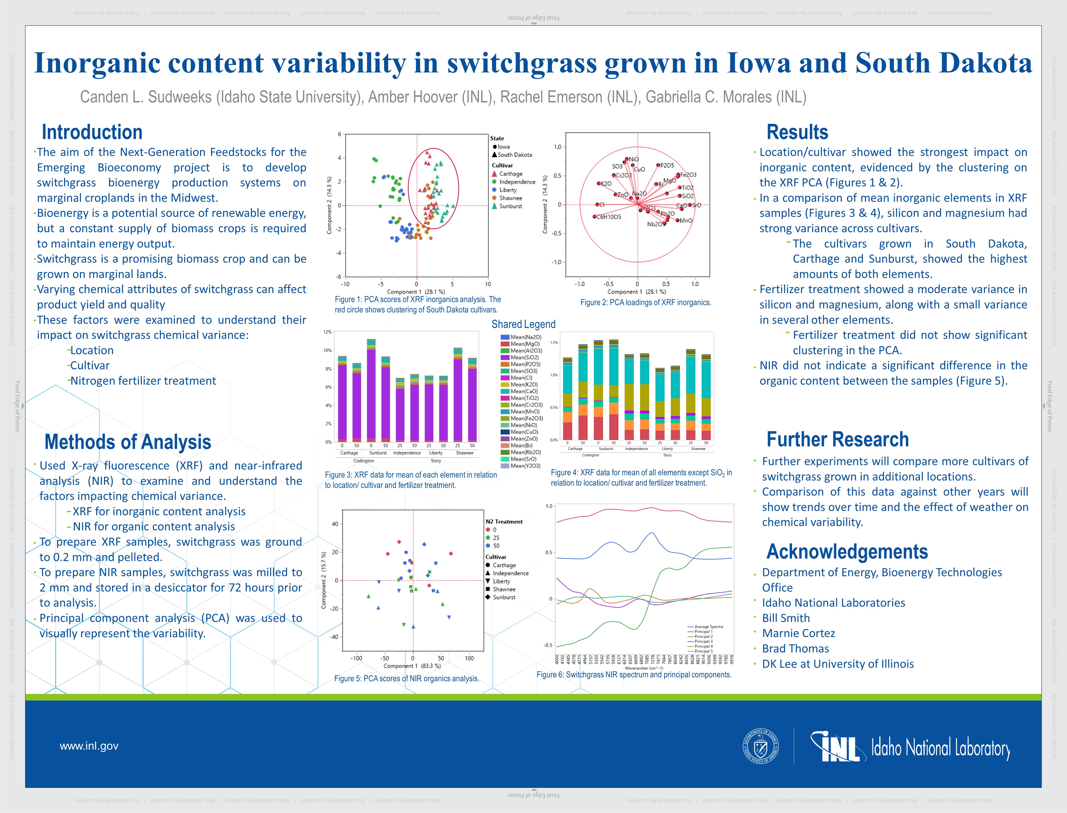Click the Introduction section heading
click(92, 132)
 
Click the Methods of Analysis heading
click(128, 442)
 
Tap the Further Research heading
click(837, 439)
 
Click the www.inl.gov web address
click(89, 746)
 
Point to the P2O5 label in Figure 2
click(667, 165)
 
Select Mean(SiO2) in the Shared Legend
click(524, 357)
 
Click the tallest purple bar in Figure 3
click(371, 392)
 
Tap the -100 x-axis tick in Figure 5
click(356, 658)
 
